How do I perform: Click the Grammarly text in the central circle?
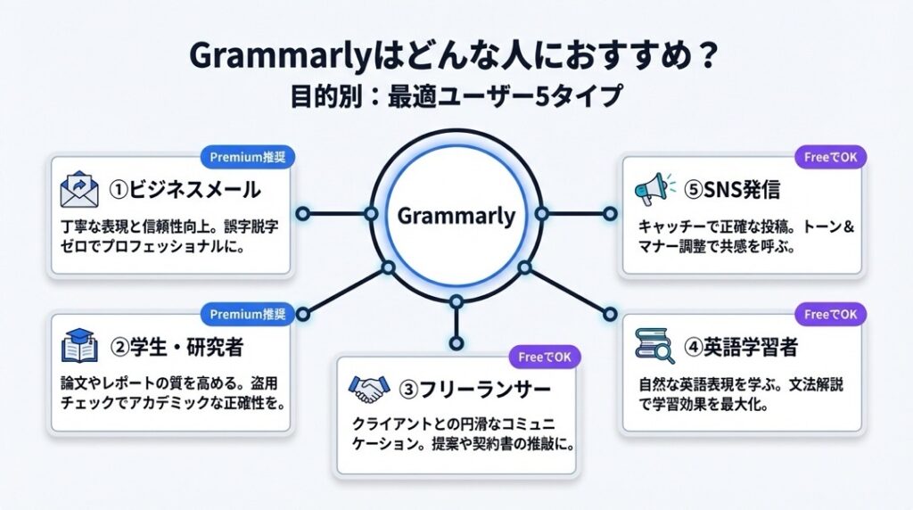456,217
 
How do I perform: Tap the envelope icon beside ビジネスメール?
79,189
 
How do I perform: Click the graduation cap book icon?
79,346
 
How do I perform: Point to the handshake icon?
368,389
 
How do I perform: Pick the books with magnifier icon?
654,346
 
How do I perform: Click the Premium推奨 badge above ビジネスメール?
248,157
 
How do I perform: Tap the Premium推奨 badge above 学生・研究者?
248,315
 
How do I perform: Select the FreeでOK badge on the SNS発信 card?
830,157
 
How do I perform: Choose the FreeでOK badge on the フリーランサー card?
545,357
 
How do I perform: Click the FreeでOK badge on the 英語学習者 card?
830,315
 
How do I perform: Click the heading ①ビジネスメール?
185,190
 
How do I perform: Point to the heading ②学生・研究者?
177,348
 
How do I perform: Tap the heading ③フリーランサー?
474,390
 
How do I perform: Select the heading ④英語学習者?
741,348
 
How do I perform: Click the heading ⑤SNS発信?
732,190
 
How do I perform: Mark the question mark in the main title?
707,57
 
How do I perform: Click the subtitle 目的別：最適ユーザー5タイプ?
456,96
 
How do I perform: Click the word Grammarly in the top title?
279,58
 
